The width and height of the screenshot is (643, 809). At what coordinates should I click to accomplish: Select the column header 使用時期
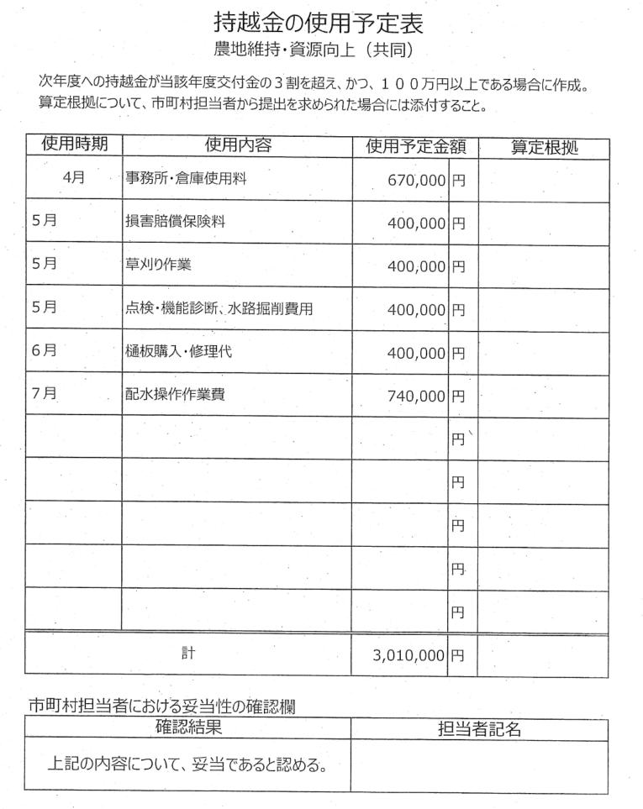pos(74,145)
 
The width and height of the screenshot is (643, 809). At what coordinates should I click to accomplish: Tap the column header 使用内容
pos(237,146)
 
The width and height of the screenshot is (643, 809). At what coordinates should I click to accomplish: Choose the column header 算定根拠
pos(545,149)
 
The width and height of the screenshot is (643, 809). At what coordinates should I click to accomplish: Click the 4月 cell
pos(73,178)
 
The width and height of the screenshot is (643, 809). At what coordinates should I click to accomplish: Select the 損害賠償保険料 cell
pos(175,223)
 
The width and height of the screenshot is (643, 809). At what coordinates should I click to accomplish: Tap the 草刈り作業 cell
pos(158,265)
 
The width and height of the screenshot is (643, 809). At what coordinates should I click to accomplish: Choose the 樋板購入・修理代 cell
pos(178,352)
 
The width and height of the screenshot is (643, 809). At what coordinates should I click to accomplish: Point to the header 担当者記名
pos(479,729)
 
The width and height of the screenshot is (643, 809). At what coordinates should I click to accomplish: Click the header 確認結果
pos(187,728)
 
